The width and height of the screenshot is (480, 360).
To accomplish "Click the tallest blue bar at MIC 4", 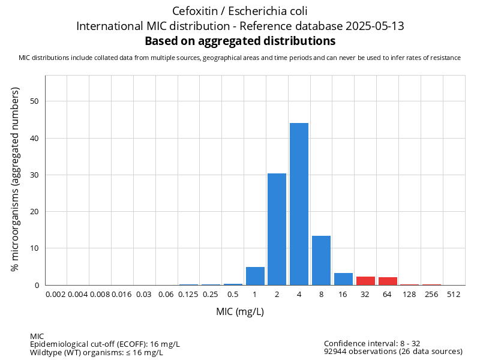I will [299, 204].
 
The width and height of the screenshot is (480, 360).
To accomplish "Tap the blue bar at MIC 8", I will [321, 260].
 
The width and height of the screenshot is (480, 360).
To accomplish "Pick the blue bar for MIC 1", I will [255, 276].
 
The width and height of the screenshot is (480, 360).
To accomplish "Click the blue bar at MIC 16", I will [343, 279].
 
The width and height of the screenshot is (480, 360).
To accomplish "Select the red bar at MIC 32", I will [365, 281].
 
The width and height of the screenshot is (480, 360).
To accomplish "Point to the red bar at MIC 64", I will [388, 281].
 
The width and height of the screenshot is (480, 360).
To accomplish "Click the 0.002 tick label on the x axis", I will [56, 295].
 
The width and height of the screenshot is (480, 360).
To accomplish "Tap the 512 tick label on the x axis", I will [454, 295].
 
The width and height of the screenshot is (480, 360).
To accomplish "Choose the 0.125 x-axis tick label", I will [188, 295].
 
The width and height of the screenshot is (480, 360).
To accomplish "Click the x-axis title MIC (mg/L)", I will [240, 312].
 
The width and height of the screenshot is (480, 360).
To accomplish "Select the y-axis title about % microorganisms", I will [16, 179].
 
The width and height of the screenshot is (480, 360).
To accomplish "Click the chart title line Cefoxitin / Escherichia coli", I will [240, 11].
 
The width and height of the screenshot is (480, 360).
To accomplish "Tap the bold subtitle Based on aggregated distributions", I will [240, 41].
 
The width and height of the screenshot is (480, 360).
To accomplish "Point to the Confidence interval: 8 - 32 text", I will [372, 344].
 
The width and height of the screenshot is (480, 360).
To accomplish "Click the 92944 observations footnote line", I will [393, 352].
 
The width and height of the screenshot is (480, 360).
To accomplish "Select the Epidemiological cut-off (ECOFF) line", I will [105, 344].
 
